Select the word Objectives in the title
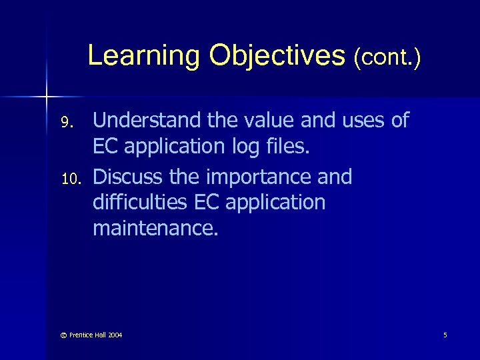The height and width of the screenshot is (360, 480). click(276, 56)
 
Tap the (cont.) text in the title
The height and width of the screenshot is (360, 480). click(387, 57)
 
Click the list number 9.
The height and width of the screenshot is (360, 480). click(65, 123)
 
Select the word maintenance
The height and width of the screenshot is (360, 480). click(155, 229)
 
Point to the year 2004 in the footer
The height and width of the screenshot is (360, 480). click(114, 335)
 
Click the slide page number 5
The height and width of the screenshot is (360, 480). click(445, 335)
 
